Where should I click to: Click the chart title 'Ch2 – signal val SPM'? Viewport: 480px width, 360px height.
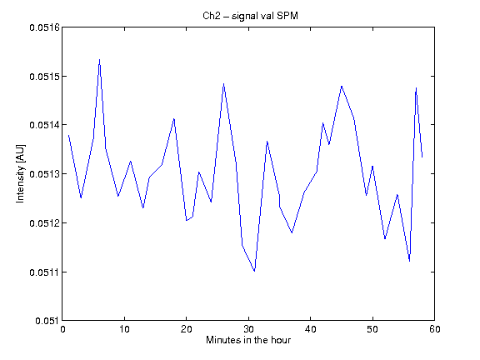pyautogui.click(x=250, y=16)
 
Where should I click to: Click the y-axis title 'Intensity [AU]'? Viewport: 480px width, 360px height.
pyautogui.click(x=21, y=173)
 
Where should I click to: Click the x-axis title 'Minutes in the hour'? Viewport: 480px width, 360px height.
pyautogui.click(x=248, y=340)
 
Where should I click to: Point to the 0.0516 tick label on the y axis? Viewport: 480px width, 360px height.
pyautogui.click(x=44, y=27)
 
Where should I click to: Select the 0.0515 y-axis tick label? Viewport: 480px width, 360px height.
pyautogui.click(x=44, y=77)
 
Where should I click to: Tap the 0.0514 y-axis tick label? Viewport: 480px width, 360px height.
pyautogui.click(x=44, y=125)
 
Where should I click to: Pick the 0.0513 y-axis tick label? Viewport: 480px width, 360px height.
pyautogui.click(x=44, y=174)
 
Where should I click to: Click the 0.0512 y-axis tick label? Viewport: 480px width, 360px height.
pyautogui.click(x=44, y=222)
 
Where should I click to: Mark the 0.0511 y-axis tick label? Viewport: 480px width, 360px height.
pyautogui.click(x=44, y=272)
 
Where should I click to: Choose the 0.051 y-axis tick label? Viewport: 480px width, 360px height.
pyautogui.click(x=47, y=321)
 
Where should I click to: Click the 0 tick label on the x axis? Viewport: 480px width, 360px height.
pyautogui.click(x=62, y=329)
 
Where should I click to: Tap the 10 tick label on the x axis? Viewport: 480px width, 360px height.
pyautogui.click(x=124, y=329)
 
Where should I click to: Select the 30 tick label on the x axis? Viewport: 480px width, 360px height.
pyautogui.click(x=248, y=329)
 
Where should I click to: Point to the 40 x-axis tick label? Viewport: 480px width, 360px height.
pyautogui.click(x=310, y=329)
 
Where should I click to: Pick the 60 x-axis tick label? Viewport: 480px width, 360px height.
pyautogui.click(x=434, y=329)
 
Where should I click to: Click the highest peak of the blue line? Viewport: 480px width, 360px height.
pyautogui.click(x=99, y=60)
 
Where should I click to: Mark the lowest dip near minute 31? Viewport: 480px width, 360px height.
pyautogui.click(x=254, y=271)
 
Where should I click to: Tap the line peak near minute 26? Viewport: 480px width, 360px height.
pyautogui.click(x=224, y=83)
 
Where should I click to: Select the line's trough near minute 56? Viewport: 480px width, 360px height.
pyautogui.click(x=409, y=261)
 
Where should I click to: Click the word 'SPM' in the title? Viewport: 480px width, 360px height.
pyautogui.click(x=287, y=16)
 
